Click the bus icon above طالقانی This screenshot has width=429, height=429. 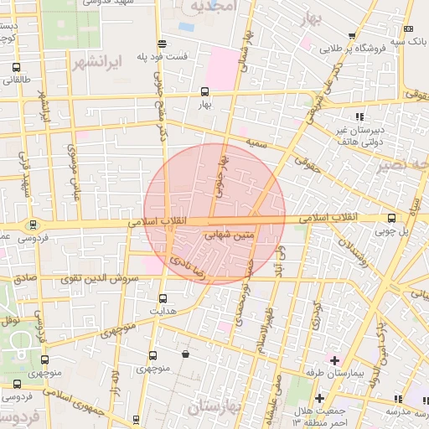click(x=17, y=67)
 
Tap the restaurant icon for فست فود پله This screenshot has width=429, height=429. click(x=161, y=44)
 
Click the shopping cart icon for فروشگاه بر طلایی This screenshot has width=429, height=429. click(x=352, y=36)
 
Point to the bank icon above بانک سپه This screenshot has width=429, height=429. click(x=408, y=28)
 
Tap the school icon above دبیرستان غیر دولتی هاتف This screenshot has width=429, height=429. click(x=359, y=116)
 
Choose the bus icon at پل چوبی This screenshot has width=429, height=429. click(x=391, y=219)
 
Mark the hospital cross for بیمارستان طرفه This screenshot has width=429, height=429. click(x=334, y=359)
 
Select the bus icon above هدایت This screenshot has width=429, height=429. click(x=163, y=297)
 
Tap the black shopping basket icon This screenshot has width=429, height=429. click(x=185, y=354)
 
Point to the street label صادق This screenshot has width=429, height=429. click(x=25, y=277)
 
